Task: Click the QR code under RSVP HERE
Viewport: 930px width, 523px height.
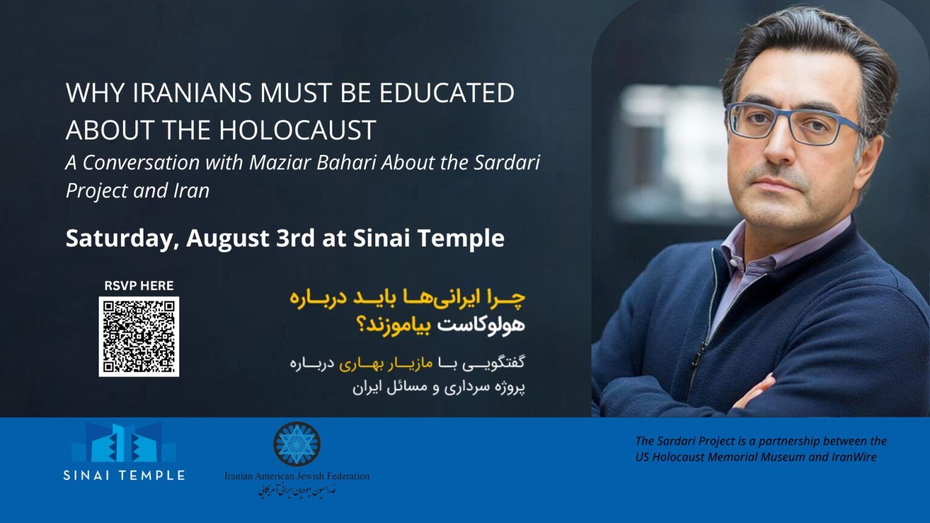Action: (x=139, y=337)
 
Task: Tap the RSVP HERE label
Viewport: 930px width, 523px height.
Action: (x=139, y=286)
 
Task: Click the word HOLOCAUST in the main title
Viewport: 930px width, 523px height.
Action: (x=297, y=130)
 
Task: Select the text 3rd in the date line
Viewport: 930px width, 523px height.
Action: (x=295, y=238)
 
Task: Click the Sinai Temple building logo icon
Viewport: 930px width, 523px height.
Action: (x=124, y=443)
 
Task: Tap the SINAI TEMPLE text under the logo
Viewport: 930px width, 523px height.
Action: (x=124, y=475)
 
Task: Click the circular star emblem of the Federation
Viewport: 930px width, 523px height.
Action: (x=297, y=444)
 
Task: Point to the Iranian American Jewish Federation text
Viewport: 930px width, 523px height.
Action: (x=297, y=476)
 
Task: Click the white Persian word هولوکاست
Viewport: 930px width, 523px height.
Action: (x=481, y=324)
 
